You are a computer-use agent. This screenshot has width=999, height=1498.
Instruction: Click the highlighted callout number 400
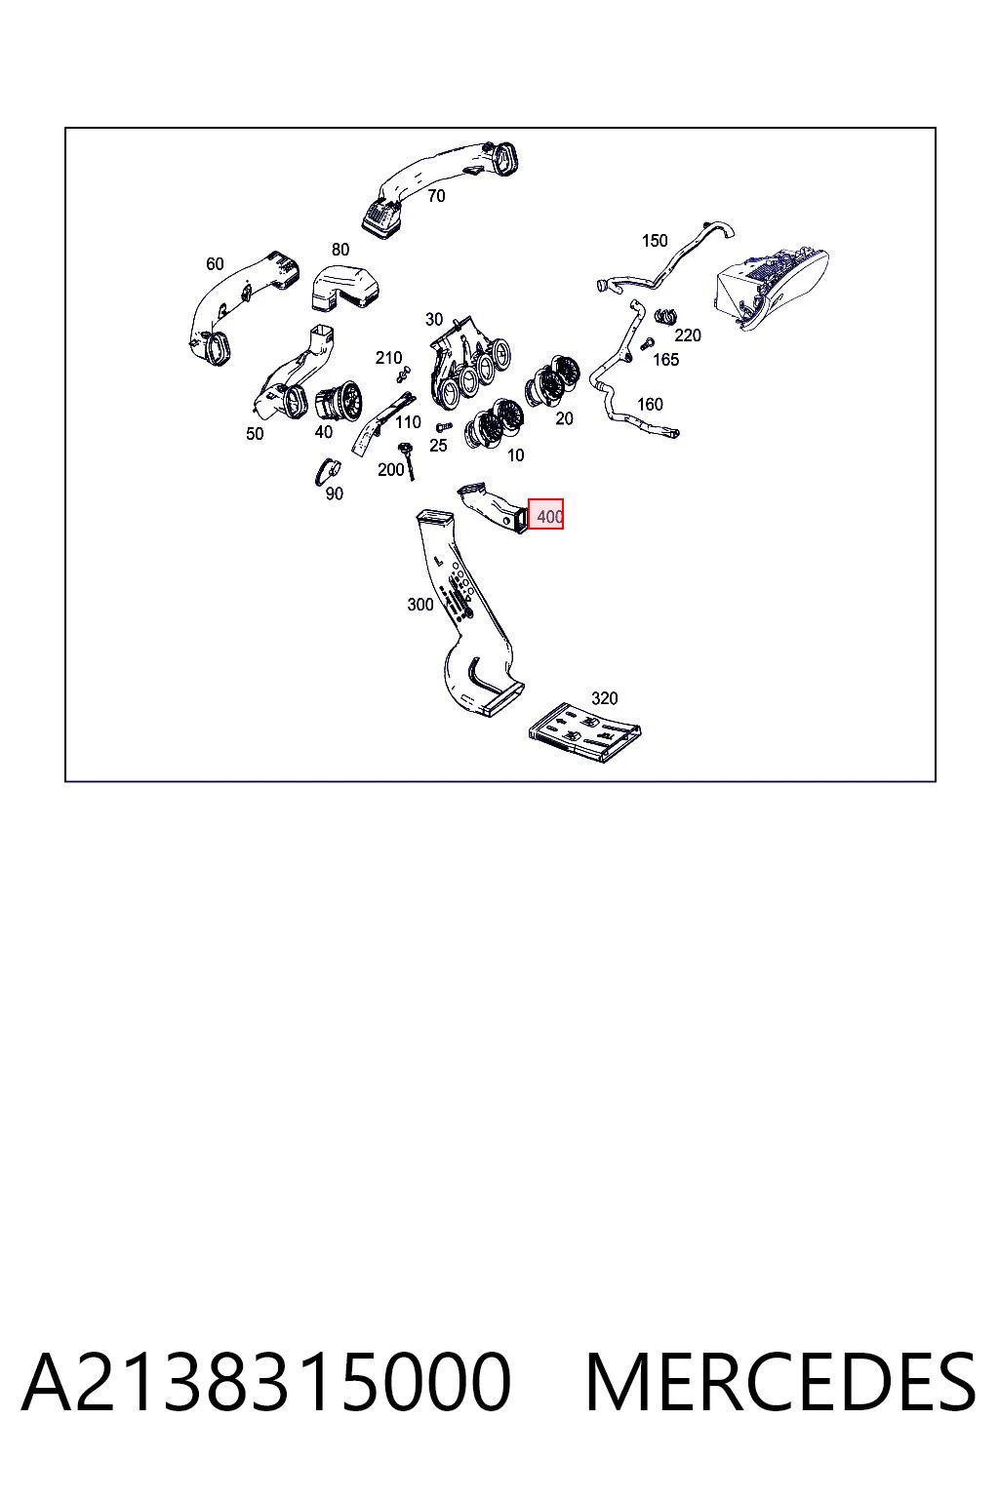549,517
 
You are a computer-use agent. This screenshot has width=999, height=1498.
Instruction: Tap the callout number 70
436,196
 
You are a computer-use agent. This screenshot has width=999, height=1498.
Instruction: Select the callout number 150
655,241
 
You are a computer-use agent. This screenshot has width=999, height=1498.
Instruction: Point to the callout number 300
420,605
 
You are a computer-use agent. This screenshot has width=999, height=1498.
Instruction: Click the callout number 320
604,699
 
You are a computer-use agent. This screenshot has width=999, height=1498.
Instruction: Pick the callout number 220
688,335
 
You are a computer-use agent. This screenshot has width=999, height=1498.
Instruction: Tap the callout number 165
665,360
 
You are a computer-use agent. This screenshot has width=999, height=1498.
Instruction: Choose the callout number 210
388,359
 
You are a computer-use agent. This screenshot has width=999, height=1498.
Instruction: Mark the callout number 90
335,493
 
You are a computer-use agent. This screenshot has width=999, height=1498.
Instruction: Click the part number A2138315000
266,1383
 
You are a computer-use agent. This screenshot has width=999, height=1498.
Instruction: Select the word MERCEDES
780,1383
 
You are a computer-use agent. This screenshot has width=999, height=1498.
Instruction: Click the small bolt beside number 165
646,344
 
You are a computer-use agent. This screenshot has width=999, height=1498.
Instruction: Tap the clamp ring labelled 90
327,471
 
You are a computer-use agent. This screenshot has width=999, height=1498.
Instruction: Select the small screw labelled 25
444,426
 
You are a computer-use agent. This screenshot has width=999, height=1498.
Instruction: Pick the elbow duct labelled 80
345,289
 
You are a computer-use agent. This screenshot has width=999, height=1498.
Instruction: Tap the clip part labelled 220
665,315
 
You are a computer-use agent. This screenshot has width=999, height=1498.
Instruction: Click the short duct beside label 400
493,508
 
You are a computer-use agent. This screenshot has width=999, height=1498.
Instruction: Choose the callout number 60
215,265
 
